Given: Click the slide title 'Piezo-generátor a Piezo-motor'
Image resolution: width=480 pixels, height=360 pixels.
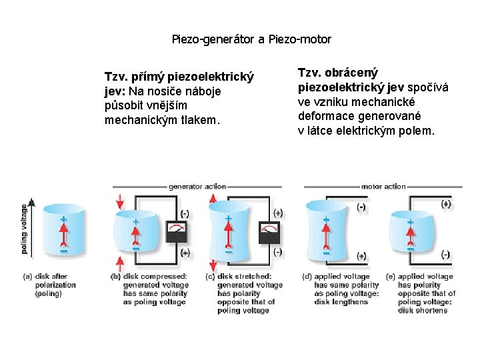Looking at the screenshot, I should pyautogui.click(x=251, y=39).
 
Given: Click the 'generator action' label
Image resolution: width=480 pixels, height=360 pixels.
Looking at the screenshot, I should pyautogui.click(x=197, y=187).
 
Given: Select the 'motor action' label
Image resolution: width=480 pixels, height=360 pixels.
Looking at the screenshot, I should pyautogui.click(x=383, y=187).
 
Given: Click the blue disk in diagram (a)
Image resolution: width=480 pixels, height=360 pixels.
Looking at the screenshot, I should pyautogui.click(x=63, y=231).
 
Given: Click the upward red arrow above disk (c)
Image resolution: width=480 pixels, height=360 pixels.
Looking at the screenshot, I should pyautogui.click(x=214, y=199).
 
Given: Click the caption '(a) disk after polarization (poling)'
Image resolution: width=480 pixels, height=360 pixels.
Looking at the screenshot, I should pyautogui.click(x=50, y=285).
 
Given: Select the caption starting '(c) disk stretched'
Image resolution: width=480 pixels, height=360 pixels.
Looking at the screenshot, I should pyautogui.click(x=243, y=293).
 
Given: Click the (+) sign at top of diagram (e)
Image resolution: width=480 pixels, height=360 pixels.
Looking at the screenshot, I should pyautogui.click(x=445, y=204).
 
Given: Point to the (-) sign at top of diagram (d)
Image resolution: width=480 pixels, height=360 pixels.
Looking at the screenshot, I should pyautogui.click(x=361, y=207).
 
